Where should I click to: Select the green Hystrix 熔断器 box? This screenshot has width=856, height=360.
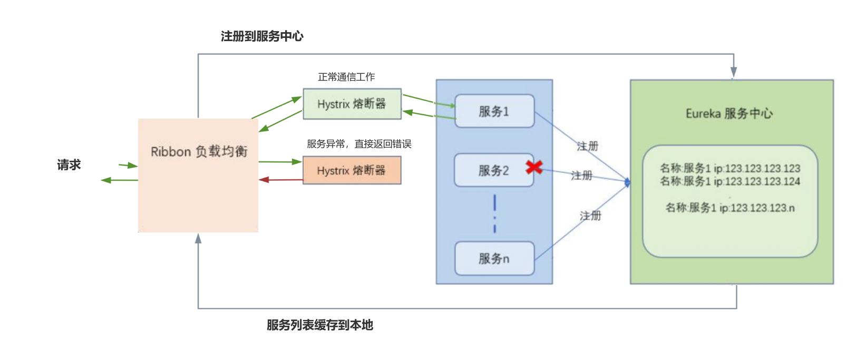352,104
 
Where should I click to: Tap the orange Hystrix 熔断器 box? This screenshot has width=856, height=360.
352,170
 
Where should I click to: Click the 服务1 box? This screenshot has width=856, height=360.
494,111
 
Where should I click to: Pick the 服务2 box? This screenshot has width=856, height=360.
493,170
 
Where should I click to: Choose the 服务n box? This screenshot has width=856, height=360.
494,258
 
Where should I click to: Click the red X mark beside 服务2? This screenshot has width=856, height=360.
534,167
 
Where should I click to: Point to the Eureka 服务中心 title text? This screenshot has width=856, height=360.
729,113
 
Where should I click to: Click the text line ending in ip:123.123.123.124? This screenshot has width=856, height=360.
730,181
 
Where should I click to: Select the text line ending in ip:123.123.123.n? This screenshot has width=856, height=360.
730,208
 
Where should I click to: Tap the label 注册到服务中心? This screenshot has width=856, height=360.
262,36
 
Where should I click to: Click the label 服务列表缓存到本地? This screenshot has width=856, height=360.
319,325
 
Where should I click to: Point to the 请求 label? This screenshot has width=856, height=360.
69,165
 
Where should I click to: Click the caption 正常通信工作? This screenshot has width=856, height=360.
346,77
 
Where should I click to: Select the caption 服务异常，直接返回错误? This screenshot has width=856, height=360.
359,144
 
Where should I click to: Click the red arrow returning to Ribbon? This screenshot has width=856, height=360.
279,180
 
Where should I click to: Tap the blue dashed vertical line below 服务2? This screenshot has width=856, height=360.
494,213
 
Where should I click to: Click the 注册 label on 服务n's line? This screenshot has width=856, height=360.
590,216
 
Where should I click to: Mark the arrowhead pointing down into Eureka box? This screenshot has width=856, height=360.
733,73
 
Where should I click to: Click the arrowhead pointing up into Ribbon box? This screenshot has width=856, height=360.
198,239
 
